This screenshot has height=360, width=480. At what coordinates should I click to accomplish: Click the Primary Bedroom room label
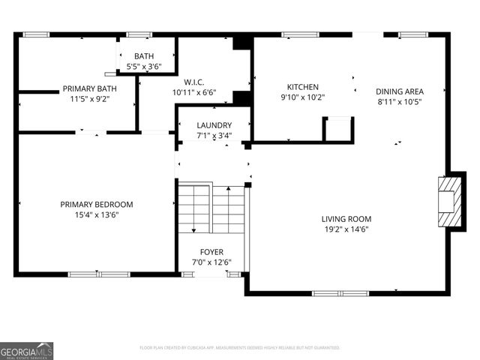click(x=97, y=204)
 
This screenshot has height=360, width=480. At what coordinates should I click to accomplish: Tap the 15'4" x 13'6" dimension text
click(x=97, y=214)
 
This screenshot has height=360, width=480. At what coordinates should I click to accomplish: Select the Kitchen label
click(x=303, y=87)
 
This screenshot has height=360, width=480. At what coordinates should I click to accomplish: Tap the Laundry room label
click(x=214, y=125)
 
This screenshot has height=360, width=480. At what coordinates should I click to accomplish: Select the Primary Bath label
click(x=89, y=88)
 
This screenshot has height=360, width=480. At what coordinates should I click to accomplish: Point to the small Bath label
click(x=144, y=56)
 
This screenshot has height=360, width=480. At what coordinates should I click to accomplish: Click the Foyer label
click(x=211, y=252)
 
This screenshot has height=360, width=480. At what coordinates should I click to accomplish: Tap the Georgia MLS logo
click(x=27, y=350)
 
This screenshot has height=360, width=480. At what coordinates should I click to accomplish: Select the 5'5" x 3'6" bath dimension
click(x=144, y=67)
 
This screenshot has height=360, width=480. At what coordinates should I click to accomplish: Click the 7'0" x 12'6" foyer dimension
click(x=211, y=262)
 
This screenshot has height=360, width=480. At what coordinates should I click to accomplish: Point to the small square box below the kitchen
click(x=337, y=129)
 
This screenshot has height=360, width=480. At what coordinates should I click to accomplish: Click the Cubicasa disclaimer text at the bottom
click(x=240, y=348)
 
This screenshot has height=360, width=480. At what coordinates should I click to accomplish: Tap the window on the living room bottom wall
click(x=351, y=292)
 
